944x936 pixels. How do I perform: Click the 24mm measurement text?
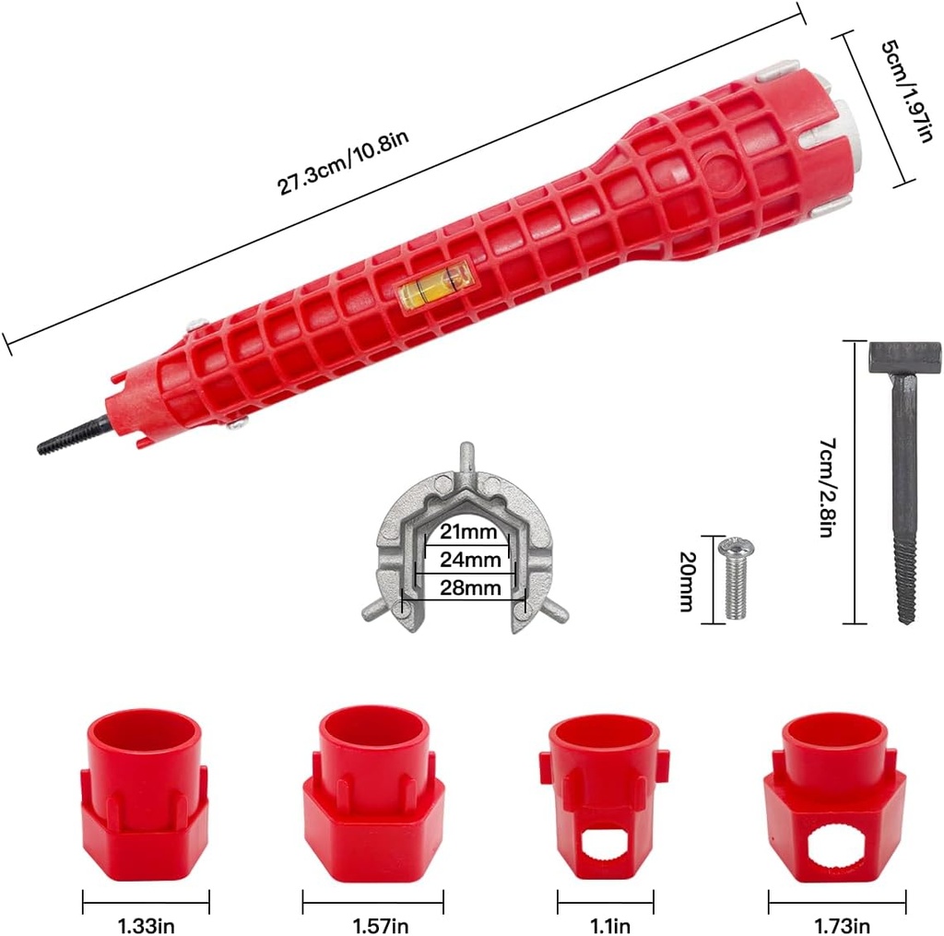point(470,559)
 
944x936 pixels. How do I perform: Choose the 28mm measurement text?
point(470,587)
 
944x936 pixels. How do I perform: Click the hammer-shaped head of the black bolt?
point(904,356)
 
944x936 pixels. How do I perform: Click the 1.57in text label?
point(375,923)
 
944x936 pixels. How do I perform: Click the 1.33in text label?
point(146,923)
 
